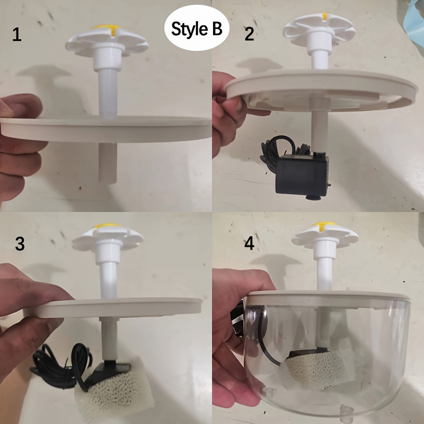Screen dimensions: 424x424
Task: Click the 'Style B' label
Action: (x=197, y=29)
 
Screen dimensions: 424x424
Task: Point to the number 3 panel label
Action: (x=20, y=244)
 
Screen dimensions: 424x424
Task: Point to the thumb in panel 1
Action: (x=21, y=106)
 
